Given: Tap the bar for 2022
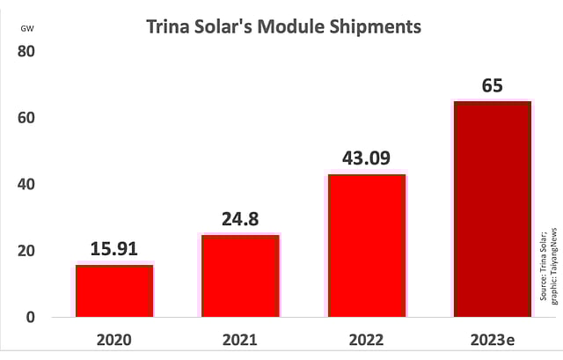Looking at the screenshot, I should [366, 245].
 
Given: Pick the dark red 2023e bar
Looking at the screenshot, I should [492, 208].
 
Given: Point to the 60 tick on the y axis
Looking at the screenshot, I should [26, 118].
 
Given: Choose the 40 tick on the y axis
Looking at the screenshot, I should [26, 184].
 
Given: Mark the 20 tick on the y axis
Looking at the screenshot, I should [26, 251].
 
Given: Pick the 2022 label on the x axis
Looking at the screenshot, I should [366, 339].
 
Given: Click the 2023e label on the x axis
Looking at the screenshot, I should [492, 339].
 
